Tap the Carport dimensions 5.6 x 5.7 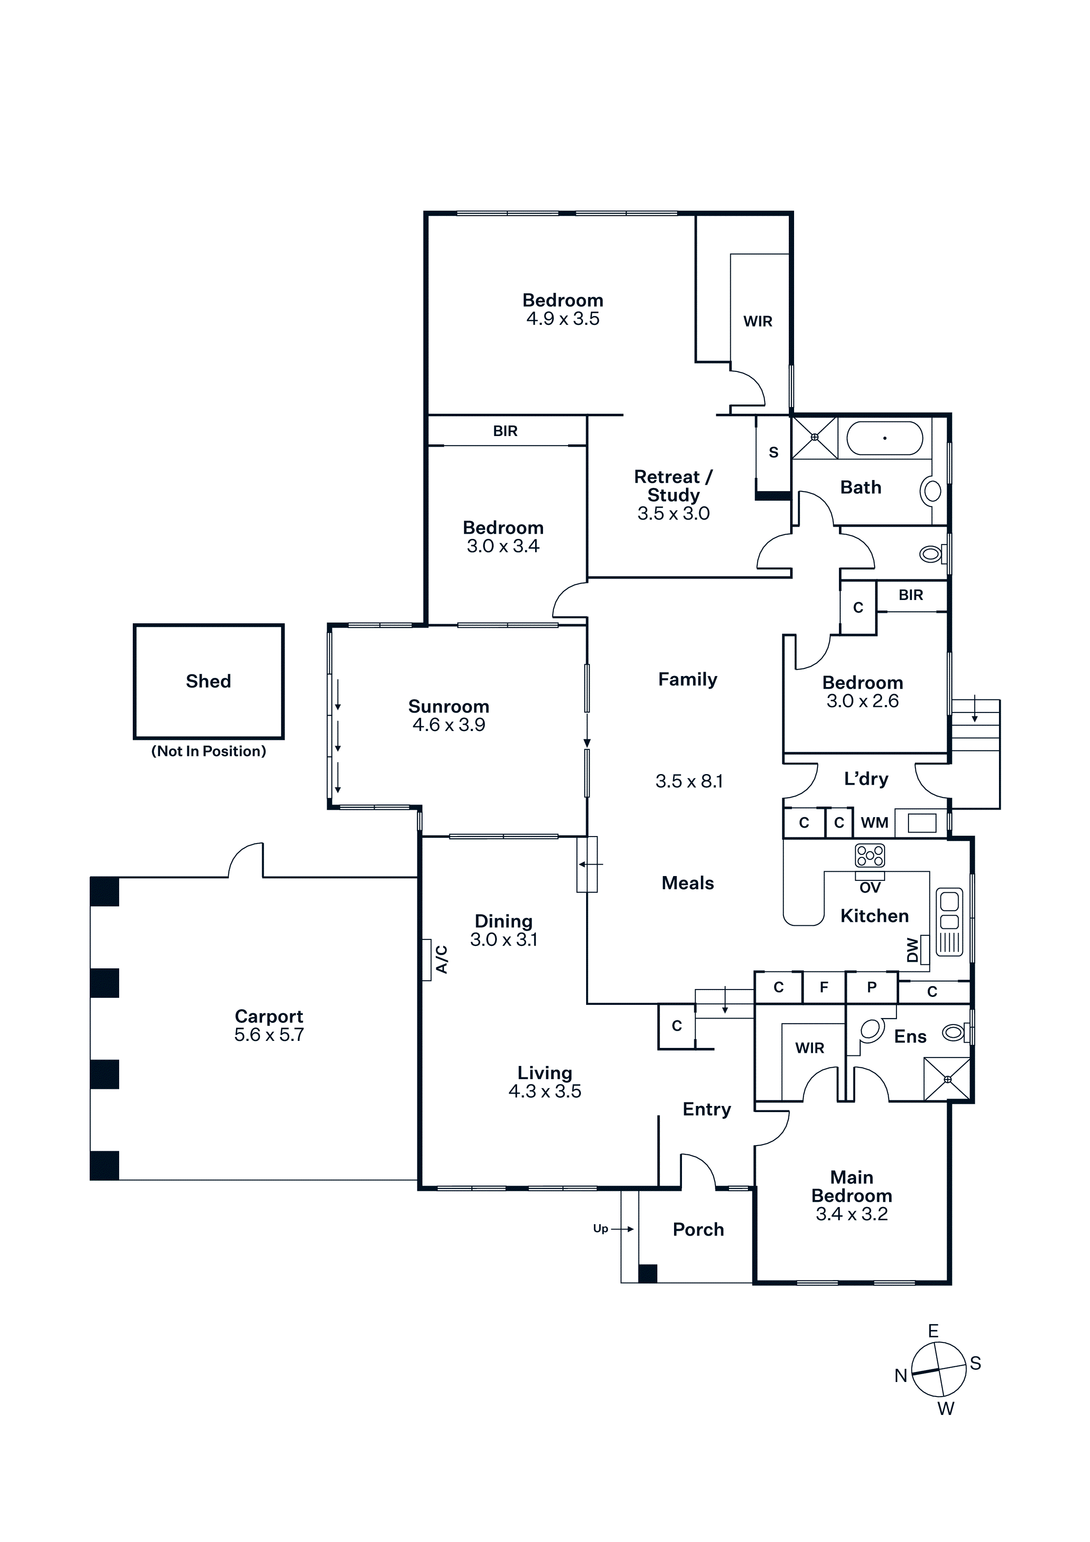click(269, 1035)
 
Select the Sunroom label click(448, 706)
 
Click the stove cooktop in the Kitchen click(870, 856)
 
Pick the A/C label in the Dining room click(441, 959)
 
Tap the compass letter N click(900, 1376)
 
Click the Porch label click(699, 1230)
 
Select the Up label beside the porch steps click(601, 1229)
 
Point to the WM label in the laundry click(875, 823)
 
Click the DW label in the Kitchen click(912, 950)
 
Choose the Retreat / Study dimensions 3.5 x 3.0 click(674, 514)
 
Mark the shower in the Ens click(947, 1079)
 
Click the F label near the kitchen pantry click(824, 987)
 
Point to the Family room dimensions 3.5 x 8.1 click(689, 782)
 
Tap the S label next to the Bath click(774, 453)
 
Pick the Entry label click(707, 1109)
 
